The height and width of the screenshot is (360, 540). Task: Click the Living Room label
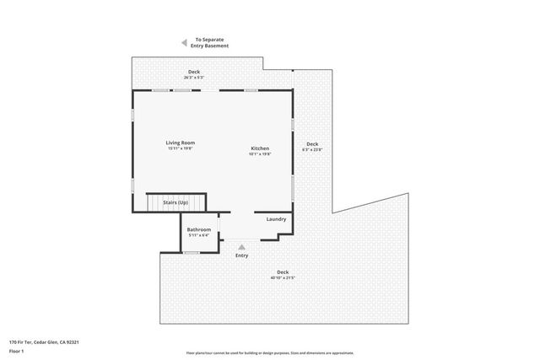coord(181,142)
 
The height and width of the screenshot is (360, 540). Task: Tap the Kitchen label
coord(259,148)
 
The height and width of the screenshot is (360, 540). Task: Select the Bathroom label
coord(199,229)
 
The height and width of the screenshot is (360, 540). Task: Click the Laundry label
coord(276,219)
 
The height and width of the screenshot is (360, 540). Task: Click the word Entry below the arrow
coord(242,255)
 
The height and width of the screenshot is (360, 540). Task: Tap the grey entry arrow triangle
coord(242,246)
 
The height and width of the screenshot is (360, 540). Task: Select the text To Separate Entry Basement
coord(210,42)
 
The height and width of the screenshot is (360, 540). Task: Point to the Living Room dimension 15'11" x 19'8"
coord(181,148)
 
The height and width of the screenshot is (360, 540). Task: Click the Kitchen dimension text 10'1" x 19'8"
coord(259,154)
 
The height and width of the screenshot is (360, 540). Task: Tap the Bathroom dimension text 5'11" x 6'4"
coord(199,235)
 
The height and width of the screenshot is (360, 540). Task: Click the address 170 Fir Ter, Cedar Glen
coord(43,341)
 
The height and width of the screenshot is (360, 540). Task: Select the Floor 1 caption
coord(16,351)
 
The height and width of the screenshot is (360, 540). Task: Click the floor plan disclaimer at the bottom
coord(270,352)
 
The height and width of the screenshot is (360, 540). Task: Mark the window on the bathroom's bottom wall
coord(202,252)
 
